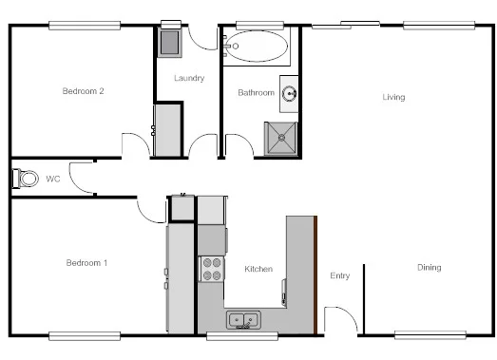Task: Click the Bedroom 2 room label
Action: pos(83,91)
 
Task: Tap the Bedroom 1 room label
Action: pos(86,262)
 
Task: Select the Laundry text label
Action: pos(189,78)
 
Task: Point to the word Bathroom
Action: pos(256,93)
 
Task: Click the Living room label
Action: pos(393,97)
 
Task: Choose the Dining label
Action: pos(429,267)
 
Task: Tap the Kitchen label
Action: pos(258,269)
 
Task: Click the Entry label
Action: pos(339,276)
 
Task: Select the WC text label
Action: pos(52,178)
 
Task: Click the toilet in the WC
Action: pos(25,178)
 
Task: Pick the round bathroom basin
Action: pos(290,93)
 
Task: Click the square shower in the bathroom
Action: pos(280,139)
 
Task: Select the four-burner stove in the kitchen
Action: pos(212,269)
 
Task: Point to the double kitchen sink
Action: pos(243,320)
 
